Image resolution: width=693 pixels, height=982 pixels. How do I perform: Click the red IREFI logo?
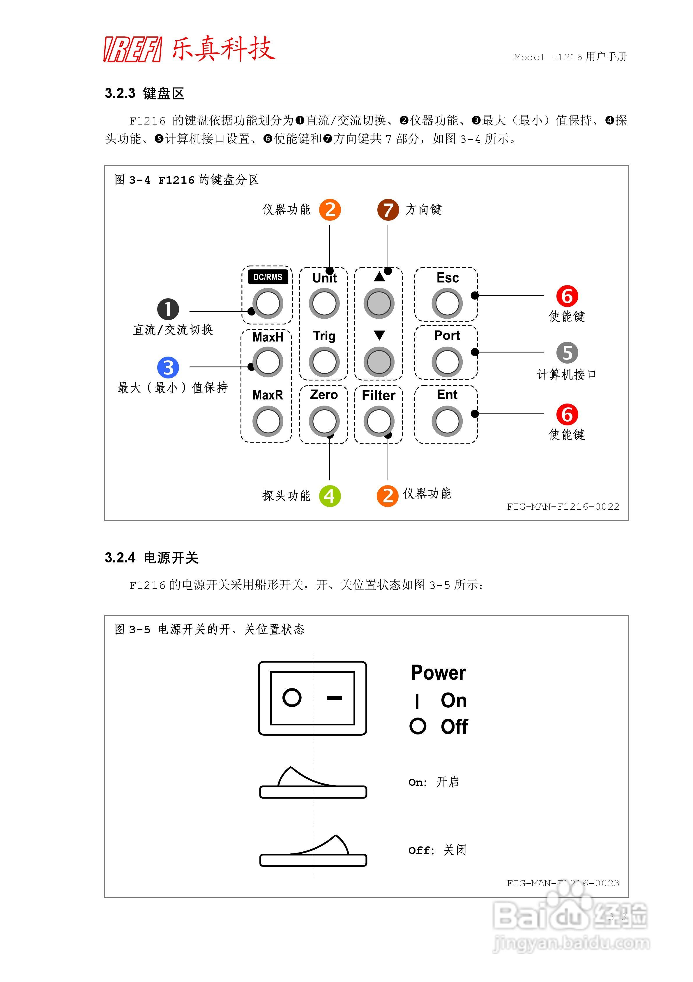(132, 49)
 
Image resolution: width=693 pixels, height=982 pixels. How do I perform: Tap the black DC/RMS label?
(268, 277)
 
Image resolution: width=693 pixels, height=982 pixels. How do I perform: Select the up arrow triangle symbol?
(379, 277)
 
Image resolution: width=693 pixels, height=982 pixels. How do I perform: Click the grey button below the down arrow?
(379, 362)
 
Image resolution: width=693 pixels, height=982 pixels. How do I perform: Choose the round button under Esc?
(447, 303)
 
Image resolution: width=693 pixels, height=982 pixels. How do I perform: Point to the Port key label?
(447, 335)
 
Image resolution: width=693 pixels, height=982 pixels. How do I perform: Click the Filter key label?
(379, 395)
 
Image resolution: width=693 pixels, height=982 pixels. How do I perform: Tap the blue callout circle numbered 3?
(168, 367)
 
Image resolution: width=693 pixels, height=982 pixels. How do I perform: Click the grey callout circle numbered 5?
(567, 353)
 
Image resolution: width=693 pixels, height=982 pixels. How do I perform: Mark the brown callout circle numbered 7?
(388, 210)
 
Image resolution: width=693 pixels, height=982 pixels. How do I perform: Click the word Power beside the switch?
(438, 673)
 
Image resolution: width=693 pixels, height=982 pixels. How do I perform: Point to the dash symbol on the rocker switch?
(334, 698)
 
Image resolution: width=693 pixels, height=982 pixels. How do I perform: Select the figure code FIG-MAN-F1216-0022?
(563, 507)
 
